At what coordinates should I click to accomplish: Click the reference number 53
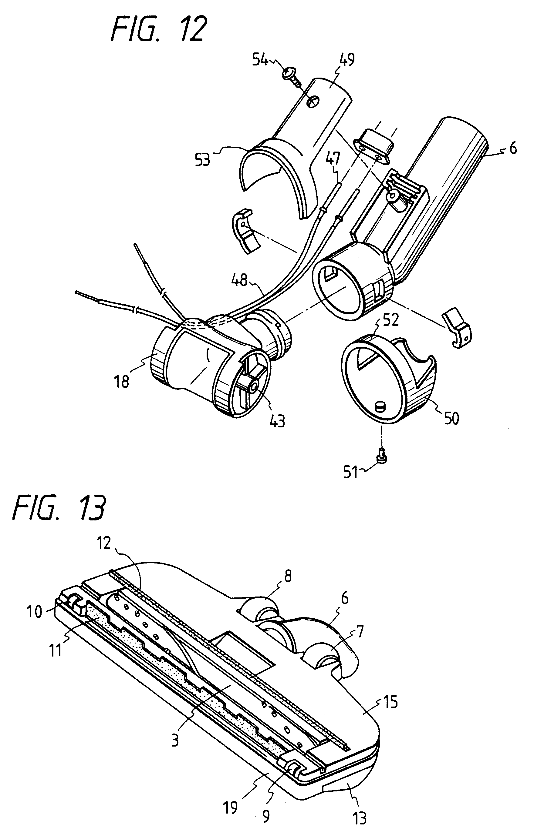click(203, 160)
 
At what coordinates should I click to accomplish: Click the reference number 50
click(451, 418)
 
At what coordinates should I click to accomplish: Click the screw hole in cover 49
click(313, 102)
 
